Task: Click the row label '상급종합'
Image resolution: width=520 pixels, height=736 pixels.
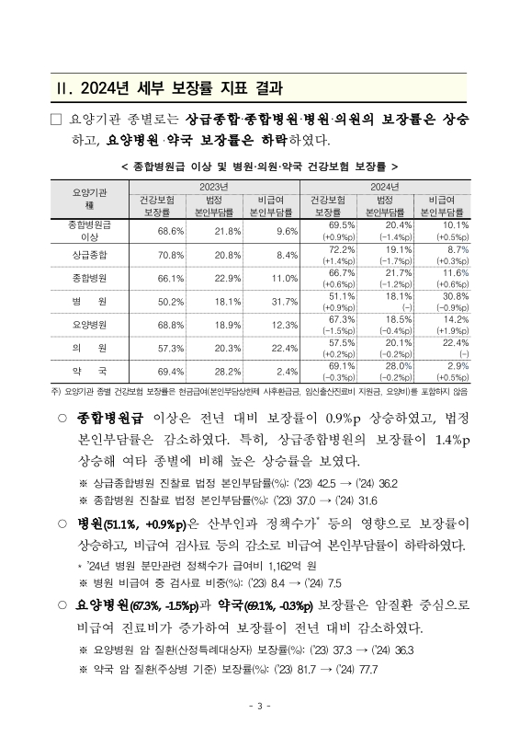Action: [90, 255]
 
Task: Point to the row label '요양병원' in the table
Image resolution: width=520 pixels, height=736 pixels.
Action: [90, 325]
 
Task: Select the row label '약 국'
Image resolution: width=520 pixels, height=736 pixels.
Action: [90, 370]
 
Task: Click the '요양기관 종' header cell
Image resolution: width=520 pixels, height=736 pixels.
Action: [90, 199]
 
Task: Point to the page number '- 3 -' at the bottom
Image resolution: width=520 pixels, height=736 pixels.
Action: [260, 706]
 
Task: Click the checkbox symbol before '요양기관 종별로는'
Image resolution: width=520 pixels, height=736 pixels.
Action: [57, 121]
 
